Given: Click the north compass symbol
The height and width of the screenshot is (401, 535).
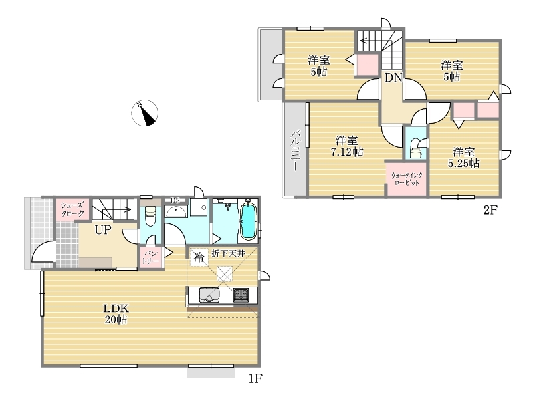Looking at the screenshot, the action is click(x=144, y=112).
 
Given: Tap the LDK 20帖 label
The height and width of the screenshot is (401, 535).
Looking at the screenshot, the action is click(x=116, y=314).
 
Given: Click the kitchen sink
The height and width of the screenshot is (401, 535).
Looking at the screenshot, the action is click(x=209, y=295).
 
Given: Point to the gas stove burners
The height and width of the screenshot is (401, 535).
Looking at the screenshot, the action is click(x=241, y=295).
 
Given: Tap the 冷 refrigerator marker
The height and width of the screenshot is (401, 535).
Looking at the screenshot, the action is click(x=199, y=257).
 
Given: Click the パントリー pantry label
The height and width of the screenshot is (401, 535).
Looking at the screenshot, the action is click(x=150, y=257).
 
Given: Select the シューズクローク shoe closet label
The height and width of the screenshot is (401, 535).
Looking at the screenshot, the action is click(x=72, y=209).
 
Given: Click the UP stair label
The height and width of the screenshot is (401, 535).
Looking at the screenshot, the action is click(x=103, y=229).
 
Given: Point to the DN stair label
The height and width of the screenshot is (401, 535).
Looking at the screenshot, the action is click(x=393, y=78).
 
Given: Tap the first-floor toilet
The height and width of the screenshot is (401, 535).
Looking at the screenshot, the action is click(x=150, y=216).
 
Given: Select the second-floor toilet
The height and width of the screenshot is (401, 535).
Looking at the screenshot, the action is click(x=415, y=148).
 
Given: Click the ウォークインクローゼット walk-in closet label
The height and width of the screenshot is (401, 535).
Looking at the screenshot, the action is click(x=407, y=179).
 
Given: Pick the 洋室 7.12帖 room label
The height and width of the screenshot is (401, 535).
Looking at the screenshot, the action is click(x=347, y=146).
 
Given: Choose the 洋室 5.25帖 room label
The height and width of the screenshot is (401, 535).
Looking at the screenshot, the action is click(x=463, y=158).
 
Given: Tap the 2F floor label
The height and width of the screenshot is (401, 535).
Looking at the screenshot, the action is click(x=490, y=210).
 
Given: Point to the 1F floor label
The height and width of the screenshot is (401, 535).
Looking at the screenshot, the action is click(x=255, y=378).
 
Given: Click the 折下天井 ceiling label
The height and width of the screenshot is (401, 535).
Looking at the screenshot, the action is click(x=228, y=253).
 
